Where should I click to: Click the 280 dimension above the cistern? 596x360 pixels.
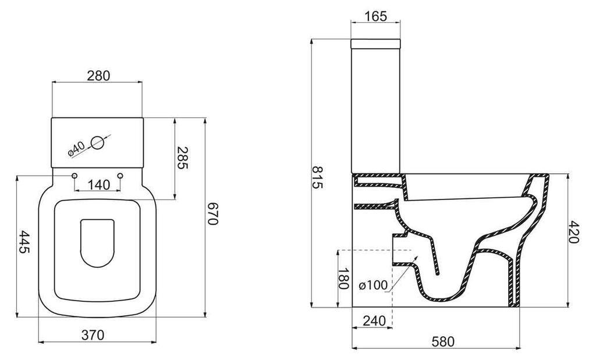pos(98,76)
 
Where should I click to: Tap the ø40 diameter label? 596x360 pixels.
pos(76,149)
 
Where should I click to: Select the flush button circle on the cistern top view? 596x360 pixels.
pos(97,142)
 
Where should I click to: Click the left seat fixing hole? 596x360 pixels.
pos(74,176)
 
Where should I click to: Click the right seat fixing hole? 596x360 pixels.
pos(120,176)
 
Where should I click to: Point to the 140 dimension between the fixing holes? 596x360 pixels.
pos(99,185)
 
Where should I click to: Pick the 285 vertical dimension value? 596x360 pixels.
pos(182,158)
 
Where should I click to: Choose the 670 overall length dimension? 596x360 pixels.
pos(212,214)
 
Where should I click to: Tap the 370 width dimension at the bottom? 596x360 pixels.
pos(93,335)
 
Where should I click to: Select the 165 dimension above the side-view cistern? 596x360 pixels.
pos(375,16)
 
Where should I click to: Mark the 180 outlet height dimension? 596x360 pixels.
pos(343,279)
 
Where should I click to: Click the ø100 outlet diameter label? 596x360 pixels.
pos(373,285)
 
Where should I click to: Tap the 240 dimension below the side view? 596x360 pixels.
pos(374,321)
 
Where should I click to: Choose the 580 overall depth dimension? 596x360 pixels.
pos(443,342)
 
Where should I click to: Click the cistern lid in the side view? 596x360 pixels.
pos(375,44)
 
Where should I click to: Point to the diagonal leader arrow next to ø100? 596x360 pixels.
pos(403,274)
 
